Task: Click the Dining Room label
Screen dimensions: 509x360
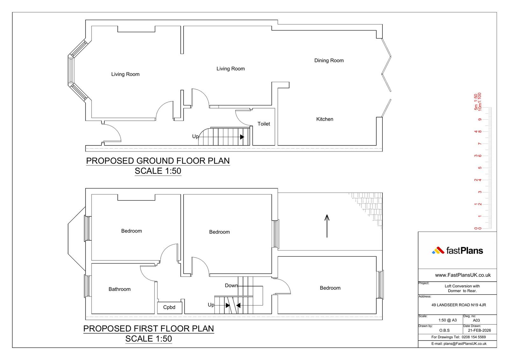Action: tap(329, 60)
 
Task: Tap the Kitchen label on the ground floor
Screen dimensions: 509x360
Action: tap(325, 119)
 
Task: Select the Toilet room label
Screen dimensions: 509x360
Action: tap(264, 124)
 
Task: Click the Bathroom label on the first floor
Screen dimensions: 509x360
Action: tap(120, 289)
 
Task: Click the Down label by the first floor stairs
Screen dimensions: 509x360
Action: tap(231, 286)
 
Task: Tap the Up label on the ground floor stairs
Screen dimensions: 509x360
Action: tap(195, 137)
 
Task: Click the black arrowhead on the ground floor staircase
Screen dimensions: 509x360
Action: tap(242, 137)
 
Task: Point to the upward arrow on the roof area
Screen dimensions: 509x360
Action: tap(327, 226)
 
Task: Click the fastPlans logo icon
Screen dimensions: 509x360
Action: tap(438, 251)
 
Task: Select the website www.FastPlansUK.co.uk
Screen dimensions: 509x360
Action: tap(463, 275)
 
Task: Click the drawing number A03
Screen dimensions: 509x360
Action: tap(476, 321)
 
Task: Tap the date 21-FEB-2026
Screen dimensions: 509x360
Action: tap(479, 330)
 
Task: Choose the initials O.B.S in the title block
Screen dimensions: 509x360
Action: tap(444, 330)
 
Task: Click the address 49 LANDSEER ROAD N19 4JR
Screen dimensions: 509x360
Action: tap(458, 305)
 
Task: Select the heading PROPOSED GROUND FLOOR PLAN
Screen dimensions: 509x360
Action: tap(158, 161)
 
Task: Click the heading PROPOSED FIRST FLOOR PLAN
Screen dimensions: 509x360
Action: tap(149, 328)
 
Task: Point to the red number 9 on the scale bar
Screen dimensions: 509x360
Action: tap(480, 120)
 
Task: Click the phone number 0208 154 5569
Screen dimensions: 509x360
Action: tap(474, 337)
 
